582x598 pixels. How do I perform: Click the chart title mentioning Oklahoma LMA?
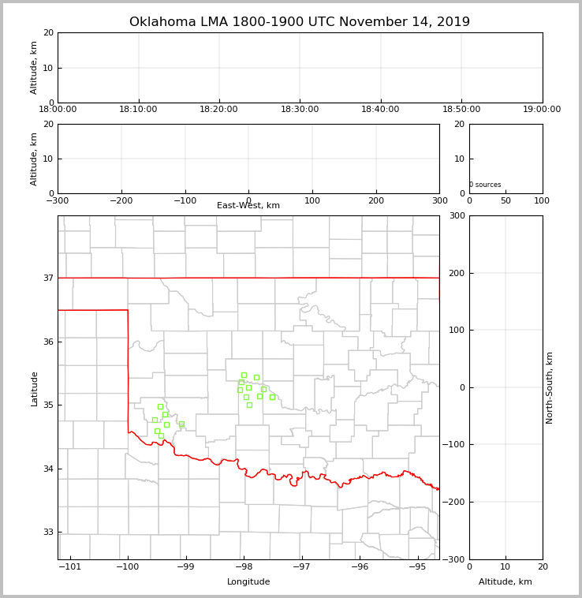point(300,22)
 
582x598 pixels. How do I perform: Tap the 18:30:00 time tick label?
point(300,110)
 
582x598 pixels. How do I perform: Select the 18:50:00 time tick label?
point(461,110)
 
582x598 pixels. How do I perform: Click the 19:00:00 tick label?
point(542,110)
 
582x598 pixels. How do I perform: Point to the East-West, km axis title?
point(248,206)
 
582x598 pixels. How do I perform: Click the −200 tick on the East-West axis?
point(121,200)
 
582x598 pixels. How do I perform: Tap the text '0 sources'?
point(485,185)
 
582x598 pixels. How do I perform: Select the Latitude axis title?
point(34,388)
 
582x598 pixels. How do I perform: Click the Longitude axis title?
point(248,582)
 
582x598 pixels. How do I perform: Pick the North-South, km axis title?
point(550,387)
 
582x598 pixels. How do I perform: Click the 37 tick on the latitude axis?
point(48,278)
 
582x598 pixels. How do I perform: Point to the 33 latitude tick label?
point(48,532)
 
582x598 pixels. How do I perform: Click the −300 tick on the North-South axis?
point(456,559)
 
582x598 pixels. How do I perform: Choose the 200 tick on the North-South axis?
point(457,273)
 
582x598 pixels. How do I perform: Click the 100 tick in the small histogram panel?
point(542,200)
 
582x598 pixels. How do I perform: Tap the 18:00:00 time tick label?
point(58,110)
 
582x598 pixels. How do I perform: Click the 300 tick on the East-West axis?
point(439,200)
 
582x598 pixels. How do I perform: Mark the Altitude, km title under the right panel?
point(506,582)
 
